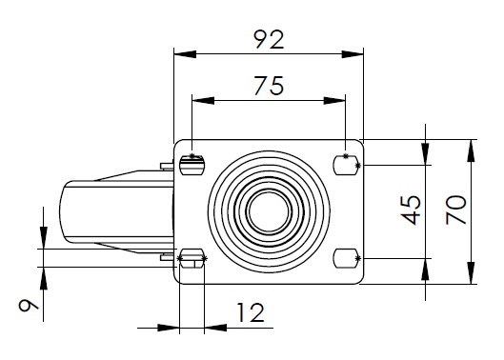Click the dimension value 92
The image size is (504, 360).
click(269, 40)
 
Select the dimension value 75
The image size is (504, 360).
click(269, 86)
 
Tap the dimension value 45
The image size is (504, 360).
click(411, 210)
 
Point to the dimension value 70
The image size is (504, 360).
click(456, 210)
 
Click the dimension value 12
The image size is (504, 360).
click(251, 312)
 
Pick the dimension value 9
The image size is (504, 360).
click(29, 305)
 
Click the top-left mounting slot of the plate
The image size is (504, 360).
click(192, 165)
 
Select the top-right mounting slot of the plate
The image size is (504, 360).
click(346, 165)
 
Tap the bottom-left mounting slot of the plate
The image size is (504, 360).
click(192, 258)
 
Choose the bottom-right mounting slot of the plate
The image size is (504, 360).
click(346, 258)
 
